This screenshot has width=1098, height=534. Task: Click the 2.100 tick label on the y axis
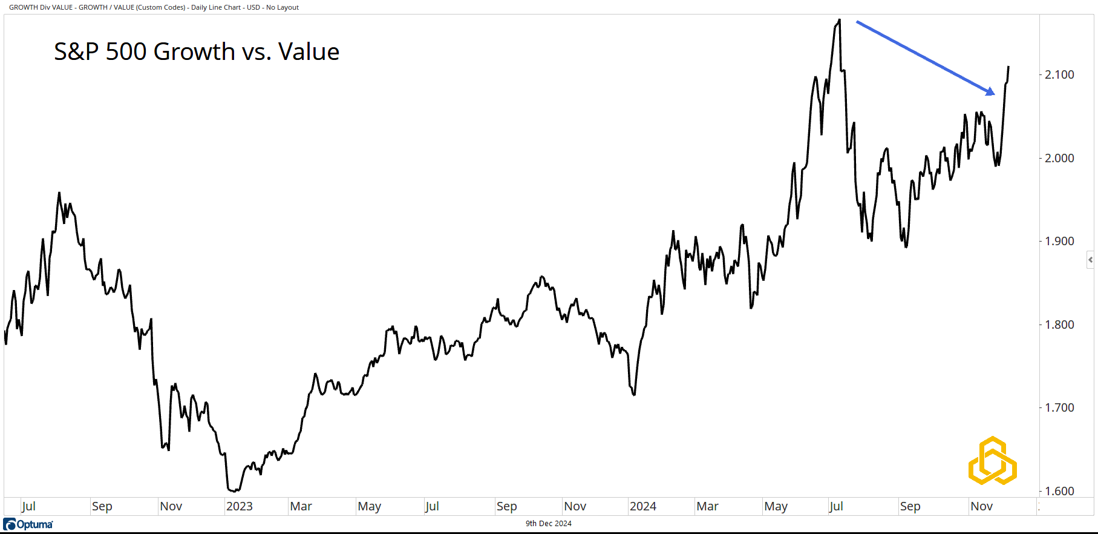(x=1059, y=74)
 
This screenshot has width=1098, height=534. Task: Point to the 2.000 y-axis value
(x=1059, y=158)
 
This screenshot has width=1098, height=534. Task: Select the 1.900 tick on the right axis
(x=1059, y=241)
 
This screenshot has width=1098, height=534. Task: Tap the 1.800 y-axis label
(x=1059, y=325)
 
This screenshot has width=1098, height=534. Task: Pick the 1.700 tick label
(x=1059, y=407)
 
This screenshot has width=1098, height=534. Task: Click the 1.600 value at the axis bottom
(x=1059, y=491)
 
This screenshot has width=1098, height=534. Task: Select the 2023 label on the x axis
(x=239, y=506)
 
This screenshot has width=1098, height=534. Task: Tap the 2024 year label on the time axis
(x=642, y=506)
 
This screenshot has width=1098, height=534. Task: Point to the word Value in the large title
(x=309, y=52)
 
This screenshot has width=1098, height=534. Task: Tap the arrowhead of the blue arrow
(x=990, y=92)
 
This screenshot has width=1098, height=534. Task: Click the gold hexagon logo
(x=992, y=461)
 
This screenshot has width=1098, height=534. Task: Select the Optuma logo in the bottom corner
(x=28, y=524)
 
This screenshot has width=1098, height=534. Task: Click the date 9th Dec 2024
(x=548, y=524)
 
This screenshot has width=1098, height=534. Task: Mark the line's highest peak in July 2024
(x=839, y=20)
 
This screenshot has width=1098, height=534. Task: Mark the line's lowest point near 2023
(x=234, y=491)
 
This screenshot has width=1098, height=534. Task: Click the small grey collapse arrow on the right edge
(x=1090, y=260)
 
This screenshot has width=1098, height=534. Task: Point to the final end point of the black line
(x=1008, y=67)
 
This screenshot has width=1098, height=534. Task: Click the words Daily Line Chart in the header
(x=216, y=7)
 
